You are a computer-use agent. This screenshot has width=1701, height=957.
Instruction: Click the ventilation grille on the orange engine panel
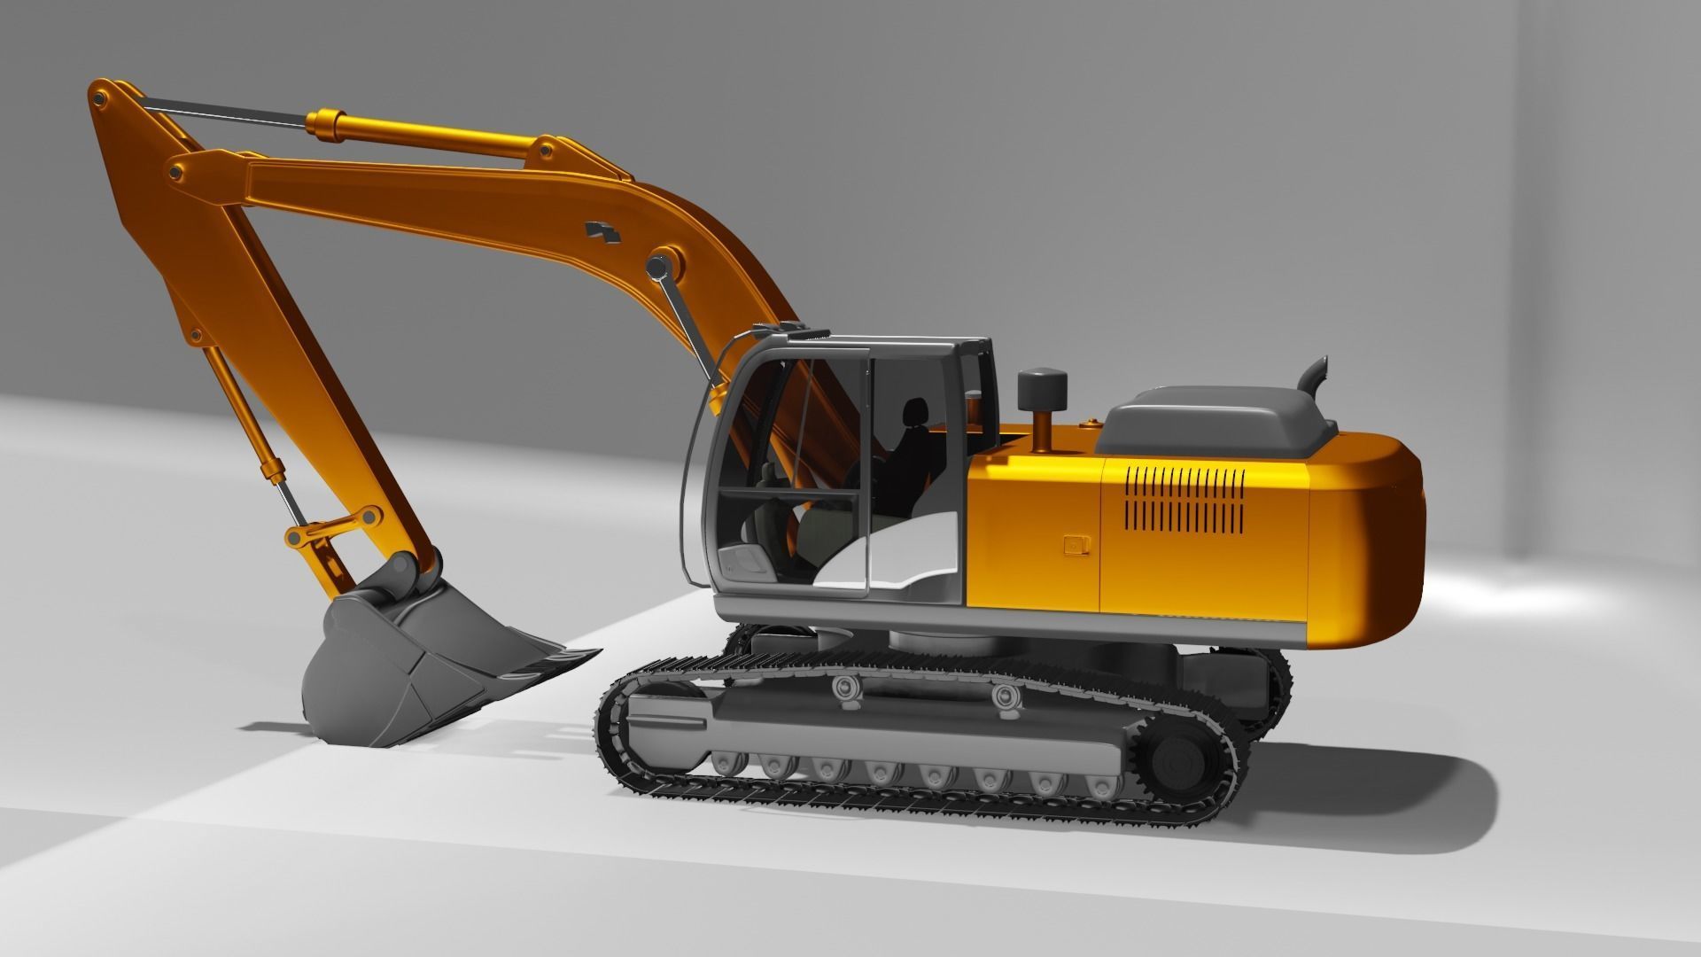[1184, 501]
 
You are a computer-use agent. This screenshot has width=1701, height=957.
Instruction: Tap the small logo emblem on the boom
[604, 232]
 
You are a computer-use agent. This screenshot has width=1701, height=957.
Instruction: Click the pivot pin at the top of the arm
[99, 92]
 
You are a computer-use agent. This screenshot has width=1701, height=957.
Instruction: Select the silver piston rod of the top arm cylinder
[226, 113]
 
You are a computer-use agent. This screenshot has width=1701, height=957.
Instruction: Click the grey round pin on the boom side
[657, 266]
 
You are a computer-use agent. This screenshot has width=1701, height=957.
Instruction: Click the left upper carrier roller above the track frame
[846, 688]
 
